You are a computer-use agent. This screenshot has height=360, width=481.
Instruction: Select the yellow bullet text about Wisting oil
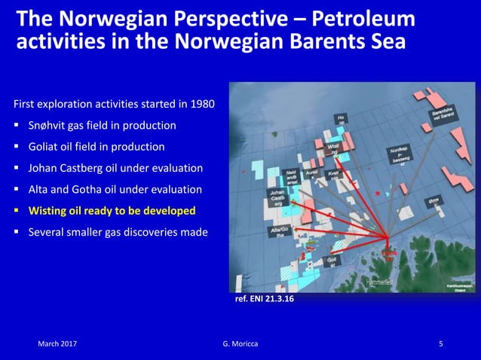pos(112,211)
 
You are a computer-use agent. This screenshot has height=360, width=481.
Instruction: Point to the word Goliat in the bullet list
pos(44,146)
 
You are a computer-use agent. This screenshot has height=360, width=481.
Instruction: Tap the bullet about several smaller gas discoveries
pos(118,232)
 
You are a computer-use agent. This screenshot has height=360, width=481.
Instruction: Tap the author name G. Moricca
pos(240,344)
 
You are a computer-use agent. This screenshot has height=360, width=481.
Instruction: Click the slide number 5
pos(441,344)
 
